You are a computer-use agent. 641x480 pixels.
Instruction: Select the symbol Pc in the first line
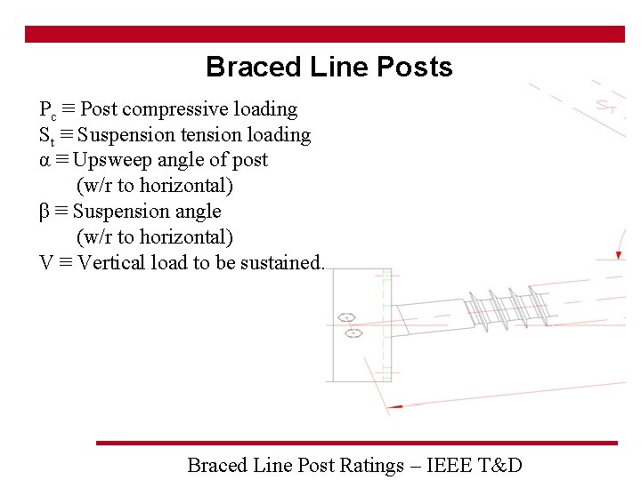point(48,110)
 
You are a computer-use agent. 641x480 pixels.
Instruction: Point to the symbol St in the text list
point(46,136)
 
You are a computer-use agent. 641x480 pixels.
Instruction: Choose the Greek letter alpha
point(45,161)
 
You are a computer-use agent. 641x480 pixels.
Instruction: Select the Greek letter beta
point(45,212)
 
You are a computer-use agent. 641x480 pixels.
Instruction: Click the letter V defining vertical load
point(46,263)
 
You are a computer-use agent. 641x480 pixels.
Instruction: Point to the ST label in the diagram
point(607,108)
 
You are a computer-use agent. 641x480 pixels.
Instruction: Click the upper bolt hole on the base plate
point(347,317)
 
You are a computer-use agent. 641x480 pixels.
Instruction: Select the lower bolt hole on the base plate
point(352,333)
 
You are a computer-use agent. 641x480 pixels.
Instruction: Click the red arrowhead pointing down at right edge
point(620,255)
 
